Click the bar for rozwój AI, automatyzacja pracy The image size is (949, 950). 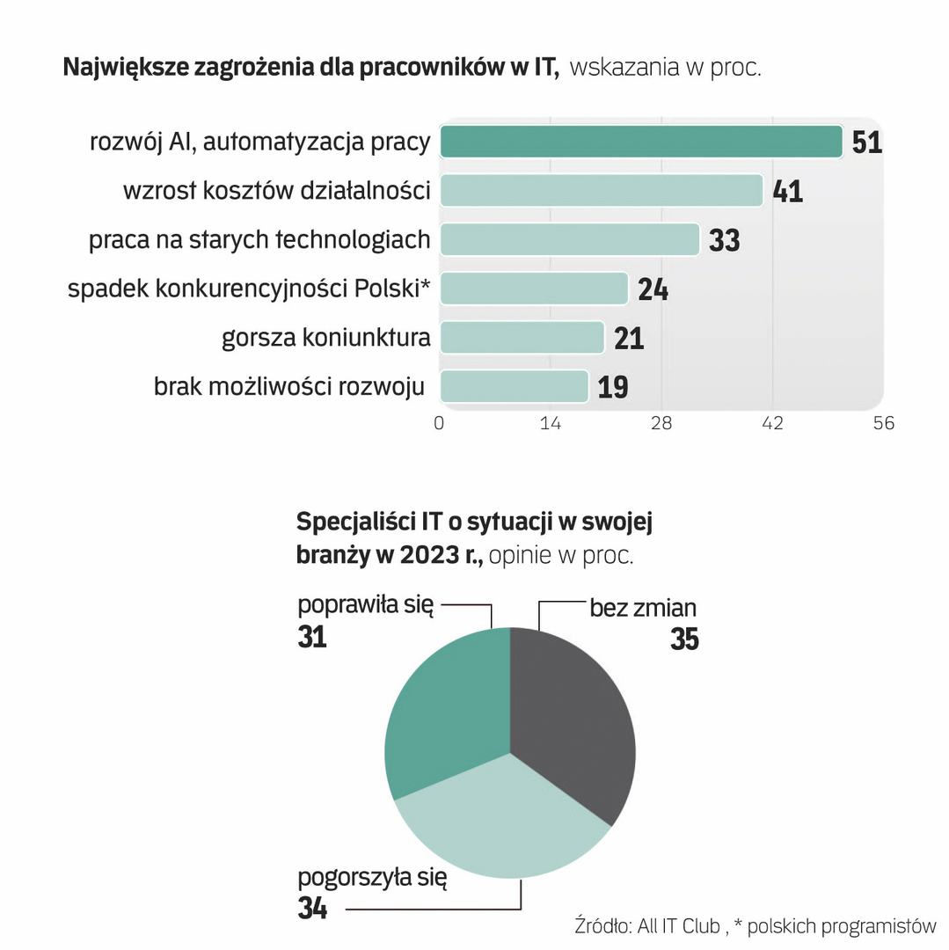coord(640,142)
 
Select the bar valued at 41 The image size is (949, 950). coord(601,191)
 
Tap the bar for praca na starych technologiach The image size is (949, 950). coord(569,239)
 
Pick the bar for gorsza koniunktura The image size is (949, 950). coord(522,338)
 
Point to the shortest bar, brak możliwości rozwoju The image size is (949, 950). coord(514,386)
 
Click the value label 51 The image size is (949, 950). coord(866,142)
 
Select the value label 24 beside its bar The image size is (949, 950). coord(653,289)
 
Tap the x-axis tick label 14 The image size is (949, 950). coord(550,424)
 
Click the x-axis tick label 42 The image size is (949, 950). coord(772,424)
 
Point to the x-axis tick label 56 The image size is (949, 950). coord(883,424)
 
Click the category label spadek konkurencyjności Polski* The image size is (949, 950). coord(249,289)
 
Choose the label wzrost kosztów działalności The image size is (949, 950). coord(276,191)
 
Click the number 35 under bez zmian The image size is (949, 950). coord(684,639)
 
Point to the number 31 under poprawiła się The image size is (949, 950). coord(312,637)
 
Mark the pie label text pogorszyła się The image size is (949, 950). coord(373,877)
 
